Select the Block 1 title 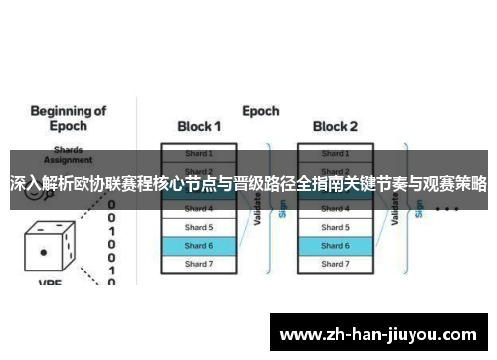pyautogui.click(x=199, y=126)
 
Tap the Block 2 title pyautogui.click(x=335, y=126)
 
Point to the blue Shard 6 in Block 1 pyautogui.click(x=199, y=245)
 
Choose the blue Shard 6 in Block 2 pyautogui.click(x=335, y=245)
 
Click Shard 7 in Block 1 pyautogui.click(x=199, y=264)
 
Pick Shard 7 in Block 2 pyautogui.click(x=335, y=264)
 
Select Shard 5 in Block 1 pyautogui.click(x=199, y=227)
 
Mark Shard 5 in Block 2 pyautogui.click(x=335, y=227)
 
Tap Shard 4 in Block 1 pyautogui.click(x=199, y=209)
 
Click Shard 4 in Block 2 pyautogui.click(x=335, y=209)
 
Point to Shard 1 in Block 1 pyautogui.click(x=199, y=153)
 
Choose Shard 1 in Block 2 pyautogui.click(x=335, y=153)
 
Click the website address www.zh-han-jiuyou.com pyautogui.click(x=380, y=332)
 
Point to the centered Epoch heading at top pyautogui.click(x=260, y=111)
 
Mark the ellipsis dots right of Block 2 pyautogui.click(x=446, y=210)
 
